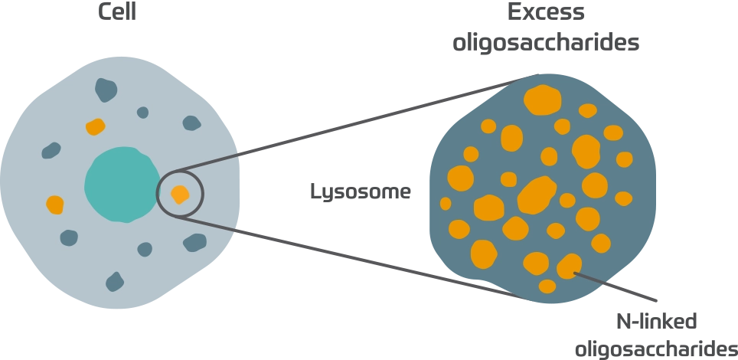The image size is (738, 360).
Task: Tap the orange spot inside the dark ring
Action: (x=179, y=194)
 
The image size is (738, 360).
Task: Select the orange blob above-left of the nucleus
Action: (x=95, y=126)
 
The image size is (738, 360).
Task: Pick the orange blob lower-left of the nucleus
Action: (x=55, y=205)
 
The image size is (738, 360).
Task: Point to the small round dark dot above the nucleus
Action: (x=142, y=113)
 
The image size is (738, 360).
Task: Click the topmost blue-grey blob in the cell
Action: (x=106, y=90)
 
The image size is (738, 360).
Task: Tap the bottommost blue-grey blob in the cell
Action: (x=115, y=281)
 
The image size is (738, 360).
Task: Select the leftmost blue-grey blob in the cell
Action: (x=51, y=150)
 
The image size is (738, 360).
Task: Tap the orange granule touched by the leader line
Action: (x=568, y=266)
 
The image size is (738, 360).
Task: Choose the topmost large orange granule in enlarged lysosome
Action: (x=543, y=100)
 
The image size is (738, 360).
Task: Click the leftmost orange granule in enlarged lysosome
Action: (x=446, y=204)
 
